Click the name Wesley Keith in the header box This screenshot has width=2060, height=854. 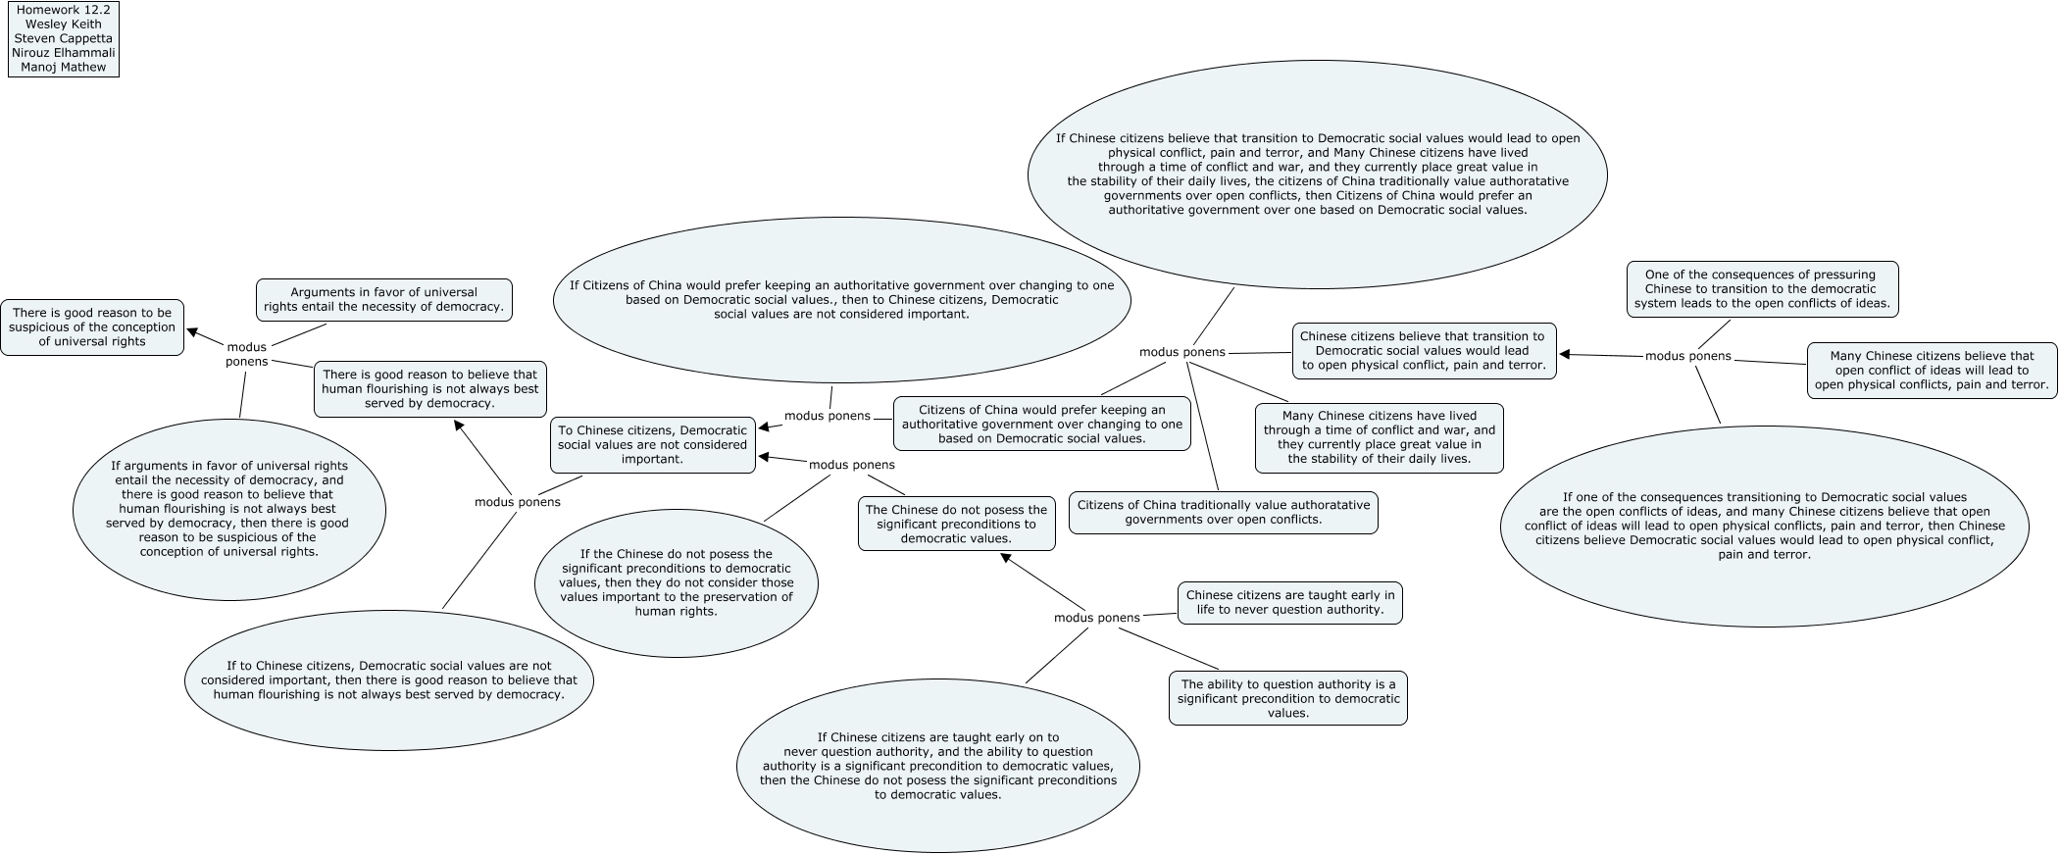coord(63,24)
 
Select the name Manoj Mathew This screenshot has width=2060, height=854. coord(63,67)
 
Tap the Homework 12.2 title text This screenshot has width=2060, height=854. coord(63,10)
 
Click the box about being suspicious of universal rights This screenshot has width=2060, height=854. coord(92,327)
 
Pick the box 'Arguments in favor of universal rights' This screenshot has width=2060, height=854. coord(383,299)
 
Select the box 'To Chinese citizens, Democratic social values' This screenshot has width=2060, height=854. coord(652,444)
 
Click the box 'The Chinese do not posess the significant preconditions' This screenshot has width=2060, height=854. coord(956,524)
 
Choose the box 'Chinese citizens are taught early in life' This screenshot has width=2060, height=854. coord(1289,602)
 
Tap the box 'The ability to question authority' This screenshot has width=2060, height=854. coord(1287,698)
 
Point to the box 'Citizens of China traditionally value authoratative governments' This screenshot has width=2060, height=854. coord(1223,512)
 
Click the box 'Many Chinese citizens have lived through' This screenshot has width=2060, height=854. coord(1379,437)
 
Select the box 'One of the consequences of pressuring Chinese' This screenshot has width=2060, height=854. coord(1760,289)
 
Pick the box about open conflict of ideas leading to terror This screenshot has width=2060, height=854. coord(1931,371)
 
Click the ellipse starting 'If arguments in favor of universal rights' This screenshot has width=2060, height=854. coord(228,509)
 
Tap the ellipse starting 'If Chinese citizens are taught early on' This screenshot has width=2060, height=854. coord(937,766)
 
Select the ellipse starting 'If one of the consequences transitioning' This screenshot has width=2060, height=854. coord(1764,526)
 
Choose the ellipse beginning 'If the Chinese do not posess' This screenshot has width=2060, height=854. coord(676,582)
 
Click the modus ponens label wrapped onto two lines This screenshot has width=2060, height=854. coord(246,354)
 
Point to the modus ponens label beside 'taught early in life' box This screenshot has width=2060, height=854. coord(1096,618)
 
